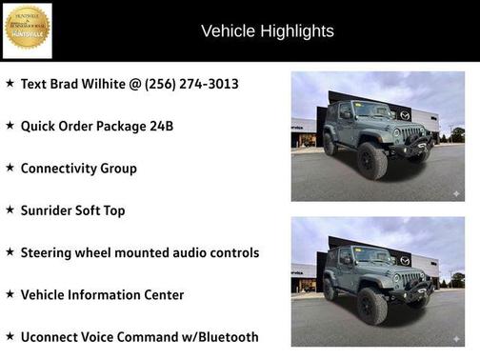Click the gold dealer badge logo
click(x=28, y=30)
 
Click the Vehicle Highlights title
click(x=268, y=31)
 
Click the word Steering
click(x=50, y=252)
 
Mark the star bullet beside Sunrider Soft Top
click(x=10, y=210)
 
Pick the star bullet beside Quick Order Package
click(x=10, y=125)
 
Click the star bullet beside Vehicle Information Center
click(x=10, y=293)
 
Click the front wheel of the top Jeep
click(x=372, y=161)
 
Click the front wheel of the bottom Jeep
click(x=372, y=306)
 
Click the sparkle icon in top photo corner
click(x=455, y=193)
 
